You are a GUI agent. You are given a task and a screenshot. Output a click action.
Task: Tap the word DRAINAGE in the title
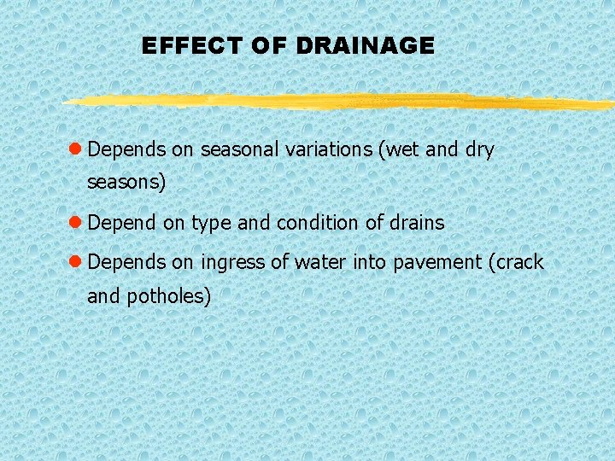(x=366, y=46)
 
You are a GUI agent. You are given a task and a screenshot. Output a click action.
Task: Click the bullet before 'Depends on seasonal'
(x=75, y=149)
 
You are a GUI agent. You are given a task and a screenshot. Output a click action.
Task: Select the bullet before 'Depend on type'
(x=75, y=223)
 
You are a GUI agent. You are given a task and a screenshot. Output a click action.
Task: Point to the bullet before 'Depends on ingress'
(x=75, y=262)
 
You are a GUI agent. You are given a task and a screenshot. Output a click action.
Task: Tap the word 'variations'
(x=330, y=149)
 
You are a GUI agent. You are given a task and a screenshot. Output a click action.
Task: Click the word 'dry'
(x=480, y=150)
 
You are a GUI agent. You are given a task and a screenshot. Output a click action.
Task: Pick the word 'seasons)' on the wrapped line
(x=126, y=183)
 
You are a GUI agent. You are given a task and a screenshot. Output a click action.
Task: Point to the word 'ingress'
(x=233, y=264)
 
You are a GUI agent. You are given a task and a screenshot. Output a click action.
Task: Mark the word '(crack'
(x=515, y=263)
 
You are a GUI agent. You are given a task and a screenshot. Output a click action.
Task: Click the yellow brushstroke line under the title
(x=342, y=102)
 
